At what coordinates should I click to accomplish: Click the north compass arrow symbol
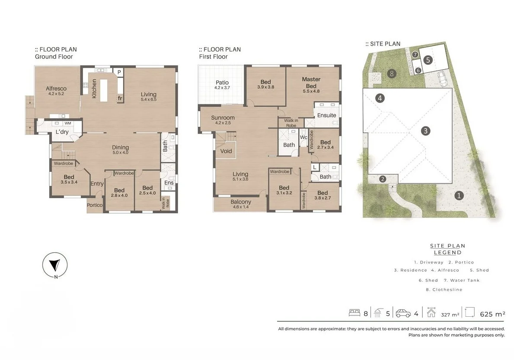pyautogui.click(x=54, y=265)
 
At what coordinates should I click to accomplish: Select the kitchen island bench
pyautogui.click(x=104, y=90)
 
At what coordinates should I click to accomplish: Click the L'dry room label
pyautogui.click(x=62, y=132)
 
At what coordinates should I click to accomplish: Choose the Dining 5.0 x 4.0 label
pyautogui.click(x=121, y=150)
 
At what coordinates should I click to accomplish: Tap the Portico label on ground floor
pyautogui.click(x=95, y=205)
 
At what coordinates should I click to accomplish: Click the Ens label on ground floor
pyautogui.click(x=169, y=183)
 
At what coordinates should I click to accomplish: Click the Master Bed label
pyautogui.click(x=311, y=82)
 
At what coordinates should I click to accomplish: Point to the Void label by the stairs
pyautogui.click(x=226, y=151)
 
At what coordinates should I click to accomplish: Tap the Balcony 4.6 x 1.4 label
pyautogui.click(x=241, y=204)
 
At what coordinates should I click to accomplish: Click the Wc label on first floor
pyautogui.click(x=303, y=137)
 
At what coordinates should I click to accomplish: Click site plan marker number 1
pyautogui.click(x=459, y=196)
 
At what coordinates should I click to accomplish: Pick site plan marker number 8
pyautogui.click(x=392, y=74)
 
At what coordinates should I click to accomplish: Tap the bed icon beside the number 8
pyautogui.click(x=354, y=313)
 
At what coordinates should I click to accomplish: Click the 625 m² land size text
pyautogui.click(x=492, y=314)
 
